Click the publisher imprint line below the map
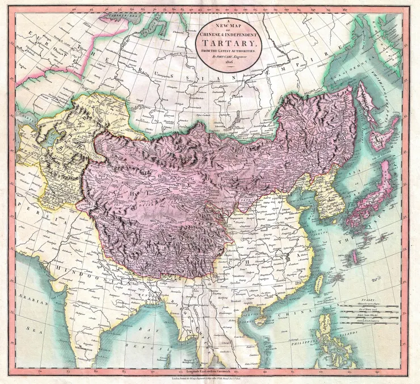coord(209,377)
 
